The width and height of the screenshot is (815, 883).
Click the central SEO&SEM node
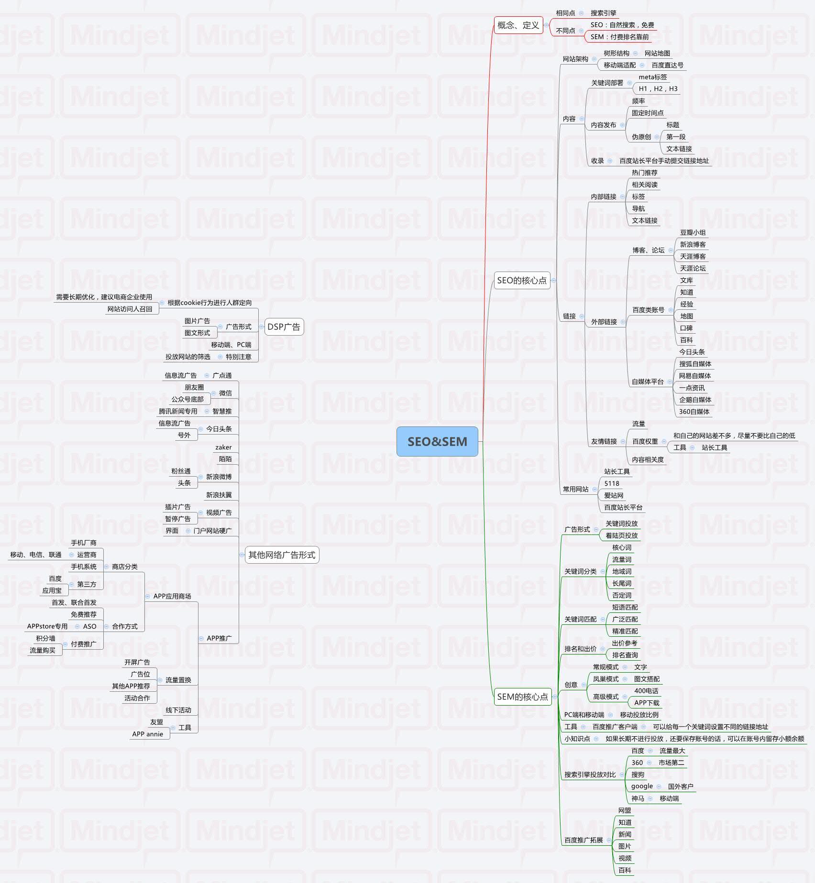[x=437, y=441]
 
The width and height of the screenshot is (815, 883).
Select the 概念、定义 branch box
[x=518, y=25]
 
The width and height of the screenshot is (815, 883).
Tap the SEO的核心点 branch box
[x=522, y=281]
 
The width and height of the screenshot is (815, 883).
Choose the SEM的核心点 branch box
[x=523, y=697]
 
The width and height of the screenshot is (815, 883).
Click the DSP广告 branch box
[x=284, y=327]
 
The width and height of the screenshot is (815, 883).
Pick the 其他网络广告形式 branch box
[x=282, y=555]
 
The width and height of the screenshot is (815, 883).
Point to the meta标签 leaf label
[x=652, y=77]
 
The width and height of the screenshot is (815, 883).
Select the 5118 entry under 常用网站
[x=611, y=483]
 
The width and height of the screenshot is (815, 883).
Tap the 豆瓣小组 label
[x=693, y=232]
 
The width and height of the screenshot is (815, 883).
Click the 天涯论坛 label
[x=693, y=268]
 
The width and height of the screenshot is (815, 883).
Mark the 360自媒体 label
[x=694, y=412]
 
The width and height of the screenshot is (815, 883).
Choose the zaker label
[x=223, y=447]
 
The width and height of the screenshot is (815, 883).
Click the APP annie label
[x=148, y=734]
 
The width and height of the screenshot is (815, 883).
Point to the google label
[x=642, y=786]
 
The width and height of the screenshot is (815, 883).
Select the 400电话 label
[x=646, y=691]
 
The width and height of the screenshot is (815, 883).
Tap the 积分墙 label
[x=45, y=638]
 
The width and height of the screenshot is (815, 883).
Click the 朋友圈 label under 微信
[x=194, y=387]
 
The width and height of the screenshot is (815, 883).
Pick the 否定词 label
[x=622, y=595]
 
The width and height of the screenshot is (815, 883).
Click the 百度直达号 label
[x=667, y=65]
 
